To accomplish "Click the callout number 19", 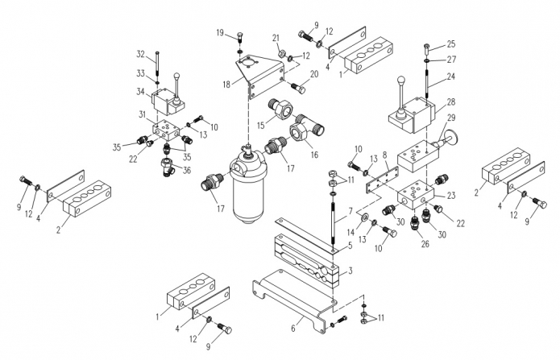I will click(220, 32).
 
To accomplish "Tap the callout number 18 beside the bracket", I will click(228, 85).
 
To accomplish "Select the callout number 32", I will click(140, 55).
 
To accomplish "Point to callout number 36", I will click(187, 170).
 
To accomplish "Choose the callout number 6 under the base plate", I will click(293, 329).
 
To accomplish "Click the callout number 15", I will click(261, 125).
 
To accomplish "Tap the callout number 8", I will click(385, 154).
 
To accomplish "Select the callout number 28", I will click(450, 101).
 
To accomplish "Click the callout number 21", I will click(276, 38).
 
